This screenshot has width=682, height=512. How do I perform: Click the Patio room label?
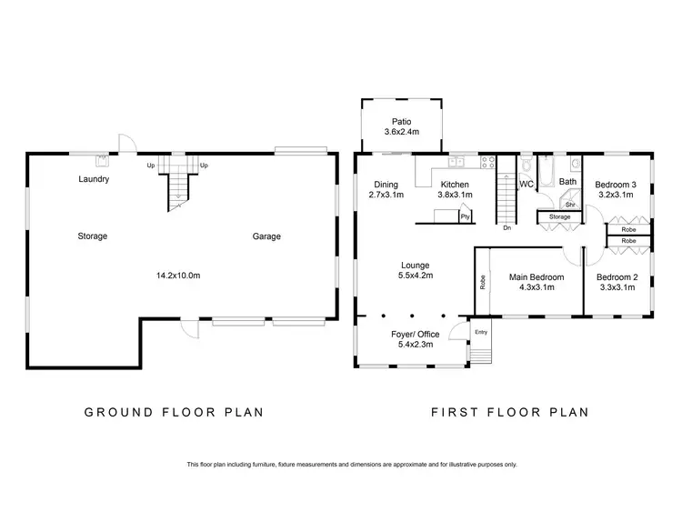401,121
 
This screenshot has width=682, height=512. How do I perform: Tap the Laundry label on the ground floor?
94,179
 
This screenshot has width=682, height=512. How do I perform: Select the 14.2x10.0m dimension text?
178,275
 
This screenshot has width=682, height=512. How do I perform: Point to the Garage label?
266,236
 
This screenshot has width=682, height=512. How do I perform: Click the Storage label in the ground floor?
93,236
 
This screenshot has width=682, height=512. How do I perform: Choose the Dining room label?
386,185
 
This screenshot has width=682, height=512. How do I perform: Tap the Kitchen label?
455,185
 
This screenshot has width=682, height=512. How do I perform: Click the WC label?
526,184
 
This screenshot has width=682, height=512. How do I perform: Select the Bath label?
567,182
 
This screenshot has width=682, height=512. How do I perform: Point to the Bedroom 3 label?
615,185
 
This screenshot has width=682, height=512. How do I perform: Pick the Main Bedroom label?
537,277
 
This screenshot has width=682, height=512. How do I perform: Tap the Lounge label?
416,266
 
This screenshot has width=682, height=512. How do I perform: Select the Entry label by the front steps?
481,331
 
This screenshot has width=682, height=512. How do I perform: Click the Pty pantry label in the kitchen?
465,216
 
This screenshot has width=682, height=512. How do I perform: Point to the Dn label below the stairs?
506,227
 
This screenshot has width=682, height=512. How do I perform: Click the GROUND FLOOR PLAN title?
174,412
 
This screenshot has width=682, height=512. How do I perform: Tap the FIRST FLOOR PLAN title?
509,412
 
